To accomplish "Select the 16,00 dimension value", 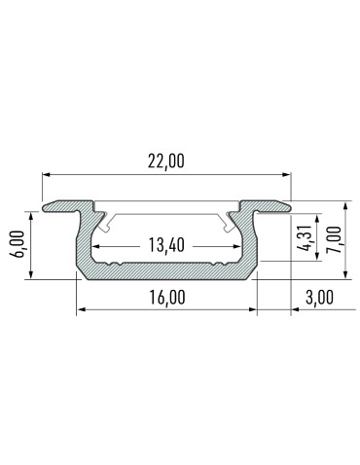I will pyautogui.click(x=166, y=298).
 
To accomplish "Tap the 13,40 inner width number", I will pyautogui.click(x=167, y=245).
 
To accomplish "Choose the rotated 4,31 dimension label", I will pyautogui.click(x=306, y=238).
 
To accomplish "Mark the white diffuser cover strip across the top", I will pyautogui.click(x=166, y=212).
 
